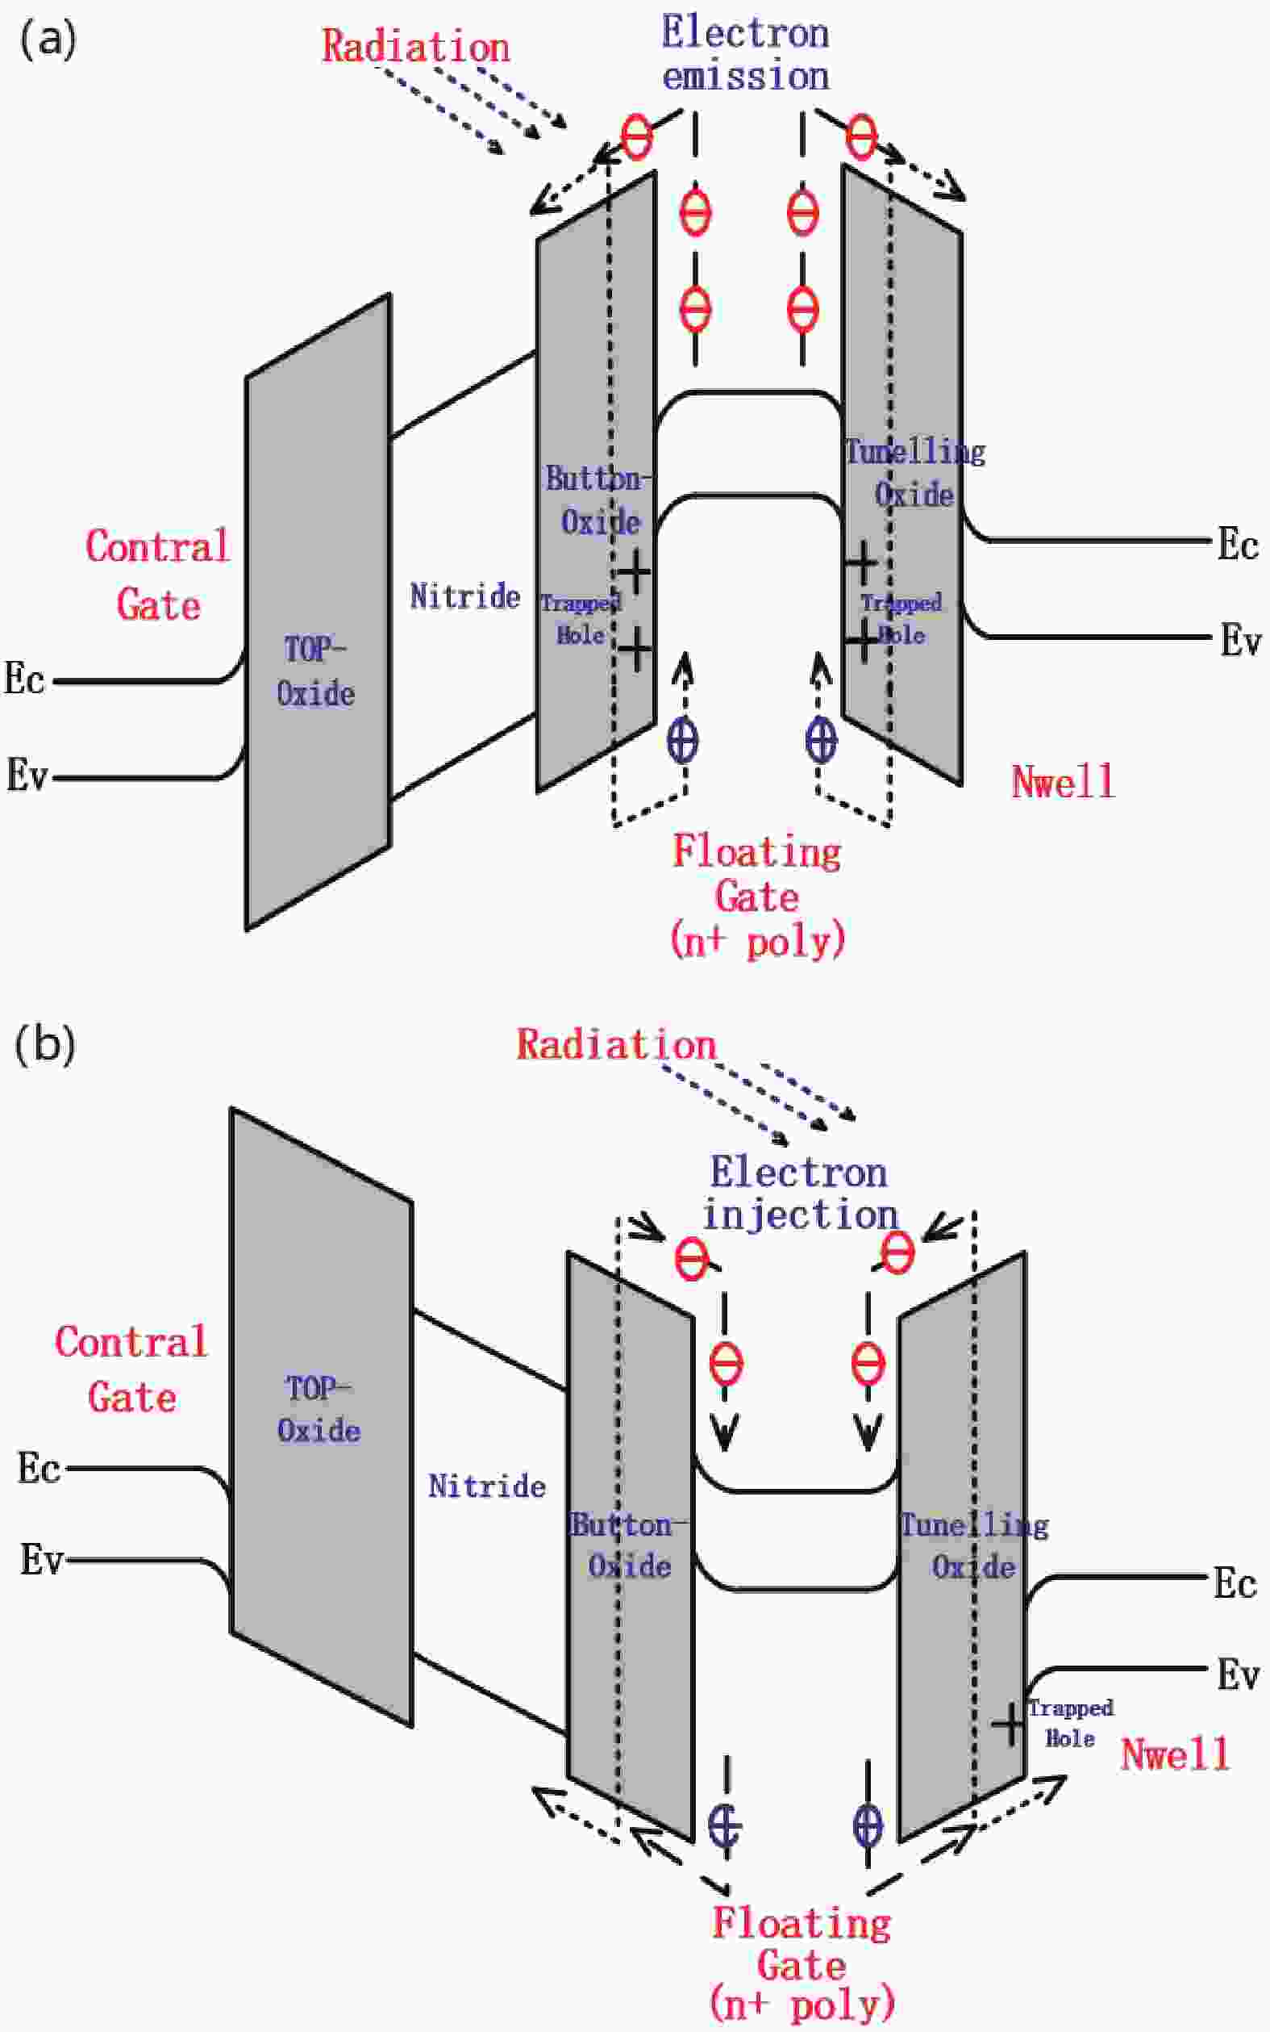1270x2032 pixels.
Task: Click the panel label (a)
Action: click(x=47, y=40)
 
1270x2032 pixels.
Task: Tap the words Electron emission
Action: click(x=745, y=55)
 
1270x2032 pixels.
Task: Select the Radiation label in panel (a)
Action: click(x=416, y=46)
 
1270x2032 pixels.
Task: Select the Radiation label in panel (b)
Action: click(x=616, y=1044)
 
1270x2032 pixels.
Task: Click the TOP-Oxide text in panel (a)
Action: click(x=315, y=671)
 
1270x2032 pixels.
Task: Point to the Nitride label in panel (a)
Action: click(x=464, y=596)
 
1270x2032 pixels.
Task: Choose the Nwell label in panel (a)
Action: click(x=1063, y=781)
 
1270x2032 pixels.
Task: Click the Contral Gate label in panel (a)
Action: click(x=157, y=575)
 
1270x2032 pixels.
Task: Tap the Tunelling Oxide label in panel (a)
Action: click(x=914, y=473)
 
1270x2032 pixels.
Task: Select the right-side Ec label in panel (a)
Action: click(x=1237, y=546)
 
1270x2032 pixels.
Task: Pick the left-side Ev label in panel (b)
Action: click(x=42, y=1560)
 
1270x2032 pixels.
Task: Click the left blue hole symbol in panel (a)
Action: click(x=682, y=740)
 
